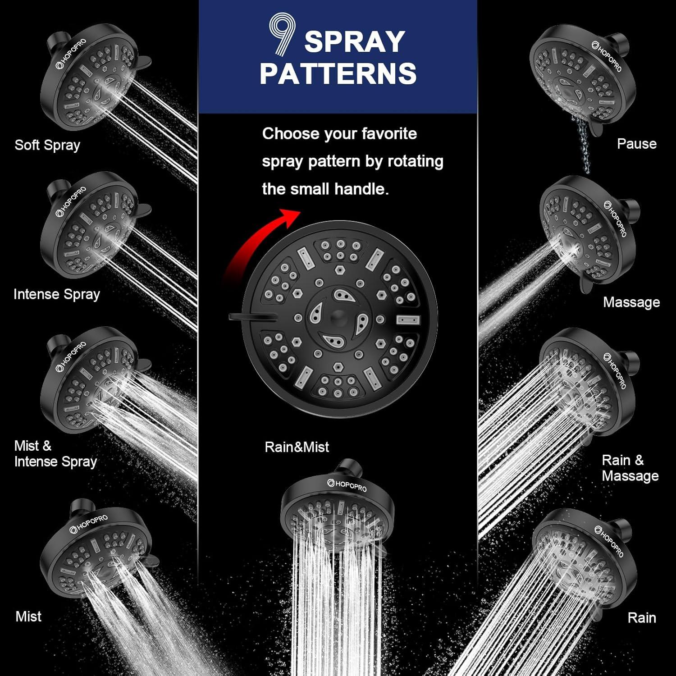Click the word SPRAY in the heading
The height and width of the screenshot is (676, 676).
[354, 41]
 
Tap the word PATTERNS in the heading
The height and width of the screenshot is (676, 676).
[338, 73]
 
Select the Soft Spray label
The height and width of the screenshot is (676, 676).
[47, 145]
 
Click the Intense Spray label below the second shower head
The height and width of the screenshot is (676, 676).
[57, 294]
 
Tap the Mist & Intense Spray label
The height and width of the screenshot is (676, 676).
[55, 454]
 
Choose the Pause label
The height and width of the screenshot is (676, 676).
[636, 144]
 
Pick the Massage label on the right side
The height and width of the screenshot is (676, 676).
[631, 302]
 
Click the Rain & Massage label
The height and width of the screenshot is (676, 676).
[630, 468]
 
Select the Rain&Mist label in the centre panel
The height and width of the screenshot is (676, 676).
[297, 447]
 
